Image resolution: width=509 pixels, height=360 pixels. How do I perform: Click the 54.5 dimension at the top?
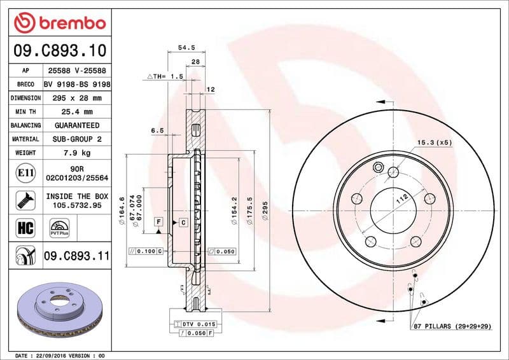[186, 47]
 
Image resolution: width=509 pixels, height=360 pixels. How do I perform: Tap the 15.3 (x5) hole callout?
[434, 142]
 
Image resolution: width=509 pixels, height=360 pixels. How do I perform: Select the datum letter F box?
[157, 222]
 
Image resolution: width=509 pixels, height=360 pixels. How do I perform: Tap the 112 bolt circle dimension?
[401, 198]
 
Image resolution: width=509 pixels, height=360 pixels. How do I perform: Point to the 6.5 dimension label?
[157, 130]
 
